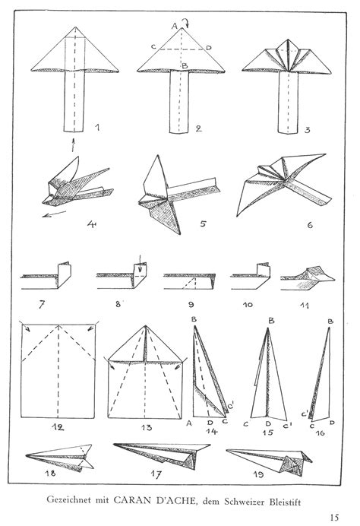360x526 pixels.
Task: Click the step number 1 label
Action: point(97,125)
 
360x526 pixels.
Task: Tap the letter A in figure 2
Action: point(174,26)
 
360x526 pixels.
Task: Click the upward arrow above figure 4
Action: point(74,145)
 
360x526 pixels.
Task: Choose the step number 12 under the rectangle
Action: point(55,426)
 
